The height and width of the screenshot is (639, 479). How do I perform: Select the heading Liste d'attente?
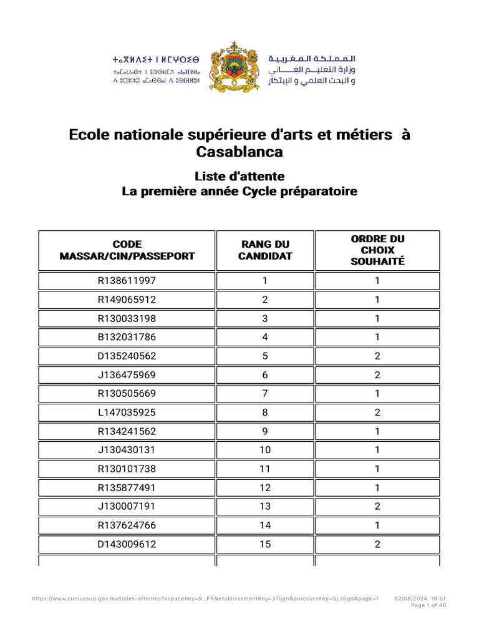tap(239, 176)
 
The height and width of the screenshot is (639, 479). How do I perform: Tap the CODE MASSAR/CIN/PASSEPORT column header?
tap(127, 250)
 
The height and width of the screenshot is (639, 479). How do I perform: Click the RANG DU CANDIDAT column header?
tap(265, 250)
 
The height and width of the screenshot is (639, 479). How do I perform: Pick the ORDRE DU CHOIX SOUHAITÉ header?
tap(377, 250)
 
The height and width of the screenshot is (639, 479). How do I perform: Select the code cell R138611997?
tap(127, 281)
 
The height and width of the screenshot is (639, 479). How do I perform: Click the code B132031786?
tap(127, 338)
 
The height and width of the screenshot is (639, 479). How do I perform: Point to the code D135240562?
tap(127, 356)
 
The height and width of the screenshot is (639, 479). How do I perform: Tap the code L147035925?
tap(127, 412)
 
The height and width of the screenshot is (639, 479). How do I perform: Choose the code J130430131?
tap(127, 450)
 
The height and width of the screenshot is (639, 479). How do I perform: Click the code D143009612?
tap(127, 544)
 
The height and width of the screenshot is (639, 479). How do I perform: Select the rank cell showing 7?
tap(265, 394)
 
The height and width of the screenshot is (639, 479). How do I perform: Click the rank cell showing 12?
tap(265, 488)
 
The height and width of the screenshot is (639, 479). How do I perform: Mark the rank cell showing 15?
tap(265, 544)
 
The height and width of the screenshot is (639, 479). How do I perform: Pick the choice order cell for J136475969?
tap(377, 375)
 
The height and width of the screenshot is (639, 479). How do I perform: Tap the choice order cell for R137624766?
tap(377, 525)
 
